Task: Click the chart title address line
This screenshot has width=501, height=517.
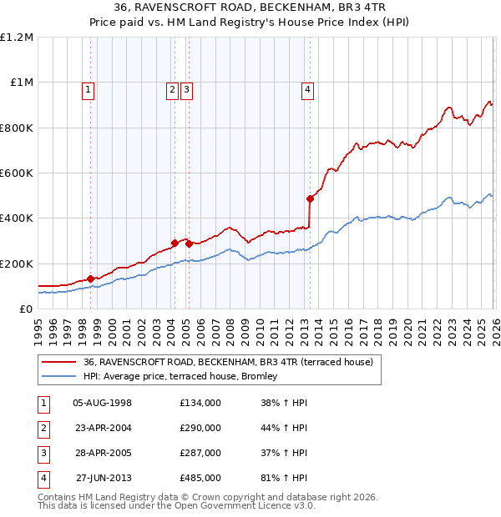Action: tap(250, 9)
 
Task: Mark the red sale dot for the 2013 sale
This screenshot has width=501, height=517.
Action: tap(310, 198)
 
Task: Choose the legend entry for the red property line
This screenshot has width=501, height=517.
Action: tap(233, 362)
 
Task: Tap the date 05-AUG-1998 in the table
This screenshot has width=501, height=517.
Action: tap(103, 403)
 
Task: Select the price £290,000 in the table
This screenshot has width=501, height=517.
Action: tap(200, 428)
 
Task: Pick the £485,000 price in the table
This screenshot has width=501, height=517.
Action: tap(200, 478)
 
